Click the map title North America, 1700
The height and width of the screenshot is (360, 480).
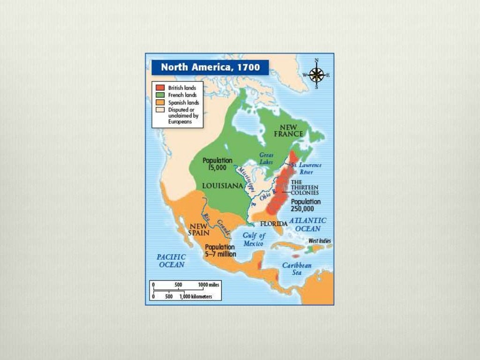pyautogui.click(x=210, y=67)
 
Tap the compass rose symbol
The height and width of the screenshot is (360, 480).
pyautogui.click(x=317, y=75)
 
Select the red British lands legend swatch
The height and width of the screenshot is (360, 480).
pyautogui.click(x=160, y=88)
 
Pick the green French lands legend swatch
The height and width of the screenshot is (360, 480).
pyautogui.click(x=160, y=95)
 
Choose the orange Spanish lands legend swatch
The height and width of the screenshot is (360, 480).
pyautogui.click(x=160, y=103)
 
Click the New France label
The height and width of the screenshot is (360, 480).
pyautogui.click(x=291, y=130)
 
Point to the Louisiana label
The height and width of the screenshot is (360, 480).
pyautogui.click(x=222, y=186)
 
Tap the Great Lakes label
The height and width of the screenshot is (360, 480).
pyautogui.click(x=266, y=158)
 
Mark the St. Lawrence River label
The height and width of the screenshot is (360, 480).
pyautogui.click(x=305, y=168)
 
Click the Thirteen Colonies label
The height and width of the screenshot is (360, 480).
pyautogui.click(x=305, y=187)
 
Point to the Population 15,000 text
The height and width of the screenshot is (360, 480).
pyautogui.click(x=217, y=164)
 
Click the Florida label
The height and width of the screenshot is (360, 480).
pyautogui.click(x=274, y=224)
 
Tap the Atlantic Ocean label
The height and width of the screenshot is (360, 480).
pyautogui.click(x=307, y=225)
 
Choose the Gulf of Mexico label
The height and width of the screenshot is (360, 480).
pyautogui.click(x=254, y=240)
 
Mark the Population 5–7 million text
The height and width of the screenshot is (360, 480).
pyautogui.click(x=220, y=251)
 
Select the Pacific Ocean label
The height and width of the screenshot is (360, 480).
pyautogui.click(x=171, y=261)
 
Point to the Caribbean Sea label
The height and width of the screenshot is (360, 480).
pyautogui.click(x=297, y=269)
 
